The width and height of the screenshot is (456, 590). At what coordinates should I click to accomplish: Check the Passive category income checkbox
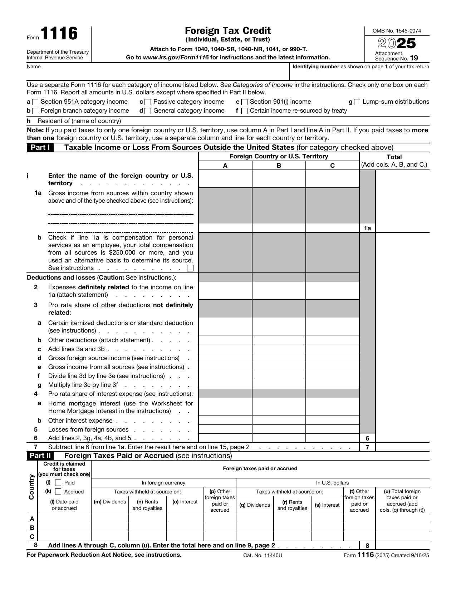click(148, 102)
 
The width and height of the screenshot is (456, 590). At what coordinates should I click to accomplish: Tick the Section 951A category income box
click(35, 102)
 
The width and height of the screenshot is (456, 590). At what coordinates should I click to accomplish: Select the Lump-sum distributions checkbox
click(357, 102)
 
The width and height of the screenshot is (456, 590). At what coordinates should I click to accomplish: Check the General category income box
click(148, 111)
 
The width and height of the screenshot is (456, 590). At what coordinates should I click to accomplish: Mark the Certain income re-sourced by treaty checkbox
click(244, 111)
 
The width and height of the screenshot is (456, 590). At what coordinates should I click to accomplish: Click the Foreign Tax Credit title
click(228, 31)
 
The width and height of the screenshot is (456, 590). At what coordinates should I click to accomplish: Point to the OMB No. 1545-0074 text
click(397, 31)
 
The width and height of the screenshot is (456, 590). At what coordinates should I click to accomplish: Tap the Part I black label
click(40, 148)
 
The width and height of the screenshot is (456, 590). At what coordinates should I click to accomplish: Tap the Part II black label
click(40, 456)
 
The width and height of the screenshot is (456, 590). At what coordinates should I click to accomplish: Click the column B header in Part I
click(279, 166)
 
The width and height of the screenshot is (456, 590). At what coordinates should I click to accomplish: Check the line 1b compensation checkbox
click(190, 268)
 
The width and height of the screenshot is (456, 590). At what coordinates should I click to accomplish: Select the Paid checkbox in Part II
click(58, 483)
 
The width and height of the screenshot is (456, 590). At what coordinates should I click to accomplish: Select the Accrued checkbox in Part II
click(58, 492)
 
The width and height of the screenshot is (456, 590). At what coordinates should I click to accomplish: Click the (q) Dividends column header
click(254, 505)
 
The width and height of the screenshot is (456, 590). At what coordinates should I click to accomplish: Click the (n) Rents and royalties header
click(147, 505)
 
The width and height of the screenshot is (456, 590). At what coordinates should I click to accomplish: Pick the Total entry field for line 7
click(402, 447)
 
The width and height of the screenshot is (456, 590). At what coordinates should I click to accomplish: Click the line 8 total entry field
click(402, 545)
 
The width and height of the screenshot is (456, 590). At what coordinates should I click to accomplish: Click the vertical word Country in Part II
click(31, 487)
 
